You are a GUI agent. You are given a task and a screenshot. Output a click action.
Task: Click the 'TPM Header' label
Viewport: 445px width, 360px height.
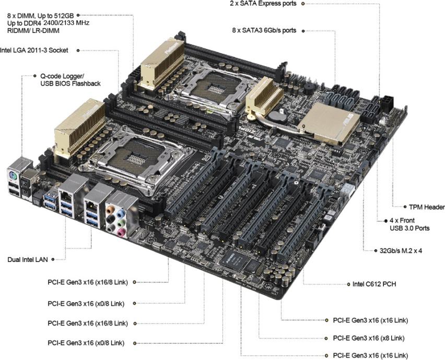click(x=427, y=207)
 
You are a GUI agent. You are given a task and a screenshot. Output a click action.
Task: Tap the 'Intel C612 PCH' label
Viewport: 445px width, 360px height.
click(x=374, y=284)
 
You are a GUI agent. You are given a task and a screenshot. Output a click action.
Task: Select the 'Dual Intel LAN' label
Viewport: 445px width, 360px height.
click(x=28, y=260)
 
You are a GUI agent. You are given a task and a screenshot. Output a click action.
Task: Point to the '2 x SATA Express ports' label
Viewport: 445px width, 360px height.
click(x=263, y=4)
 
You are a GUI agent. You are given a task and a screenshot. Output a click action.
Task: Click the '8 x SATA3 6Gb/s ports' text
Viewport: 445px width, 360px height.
click(x=264, y=30)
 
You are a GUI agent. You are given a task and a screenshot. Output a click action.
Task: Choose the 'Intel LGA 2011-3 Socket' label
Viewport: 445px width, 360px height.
click(x=34, y=51)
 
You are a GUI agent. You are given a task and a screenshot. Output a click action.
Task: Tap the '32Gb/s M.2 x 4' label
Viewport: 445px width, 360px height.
click(x=401, y=250)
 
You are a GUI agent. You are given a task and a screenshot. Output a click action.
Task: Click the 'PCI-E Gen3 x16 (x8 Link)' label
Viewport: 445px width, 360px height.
click(x=369, y=338)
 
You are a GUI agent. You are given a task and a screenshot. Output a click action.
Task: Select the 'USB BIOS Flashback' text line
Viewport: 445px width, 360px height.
click(x=71, y=83)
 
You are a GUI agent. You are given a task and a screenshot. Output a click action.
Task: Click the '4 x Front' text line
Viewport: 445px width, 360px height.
click(x=402, y=220)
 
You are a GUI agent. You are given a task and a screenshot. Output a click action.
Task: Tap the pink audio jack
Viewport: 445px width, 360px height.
click(x=121, y=233)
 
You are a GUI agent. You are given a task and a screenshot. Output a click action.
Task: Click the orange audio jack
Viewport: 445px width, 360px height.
click(x=110, y=210)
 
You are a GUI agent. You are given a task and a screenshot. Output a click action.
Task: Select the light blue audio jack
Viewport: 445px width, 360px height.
click(x=121, y=212)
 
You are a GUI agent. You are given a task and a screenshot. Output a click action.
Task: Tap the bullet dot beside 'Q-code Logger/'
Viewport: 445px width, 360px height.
click(x=35, y=76)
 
